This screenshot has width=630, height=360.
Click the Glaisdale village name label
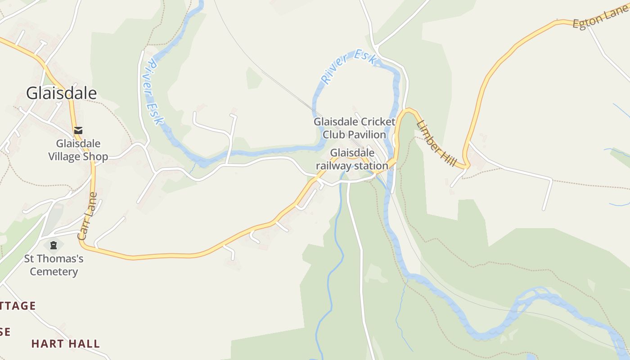coord(61,93)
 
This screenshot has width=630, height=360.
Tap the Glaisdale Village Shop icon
coord(78,130)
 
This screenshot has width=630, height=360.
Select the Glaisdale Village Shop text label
coord(78,150)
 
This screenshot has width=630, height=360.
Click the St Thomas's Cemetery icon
coord(54,246)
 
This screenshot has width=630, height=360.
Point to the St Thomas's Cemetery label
coord(54,265)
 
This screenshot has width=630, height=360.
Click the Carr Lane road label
coord(87,216)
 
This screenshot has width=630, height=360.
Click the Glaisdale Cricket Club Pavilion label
coord(355,128)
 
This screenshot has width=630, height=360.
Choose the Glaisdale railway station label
coord(352,159)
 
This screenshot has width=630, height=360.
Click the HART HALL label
coord(66,344)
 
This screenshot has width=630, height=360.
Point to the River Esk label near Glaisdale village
coord(153,93)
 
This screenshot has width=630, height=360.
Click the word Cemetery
coord(54,272)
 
